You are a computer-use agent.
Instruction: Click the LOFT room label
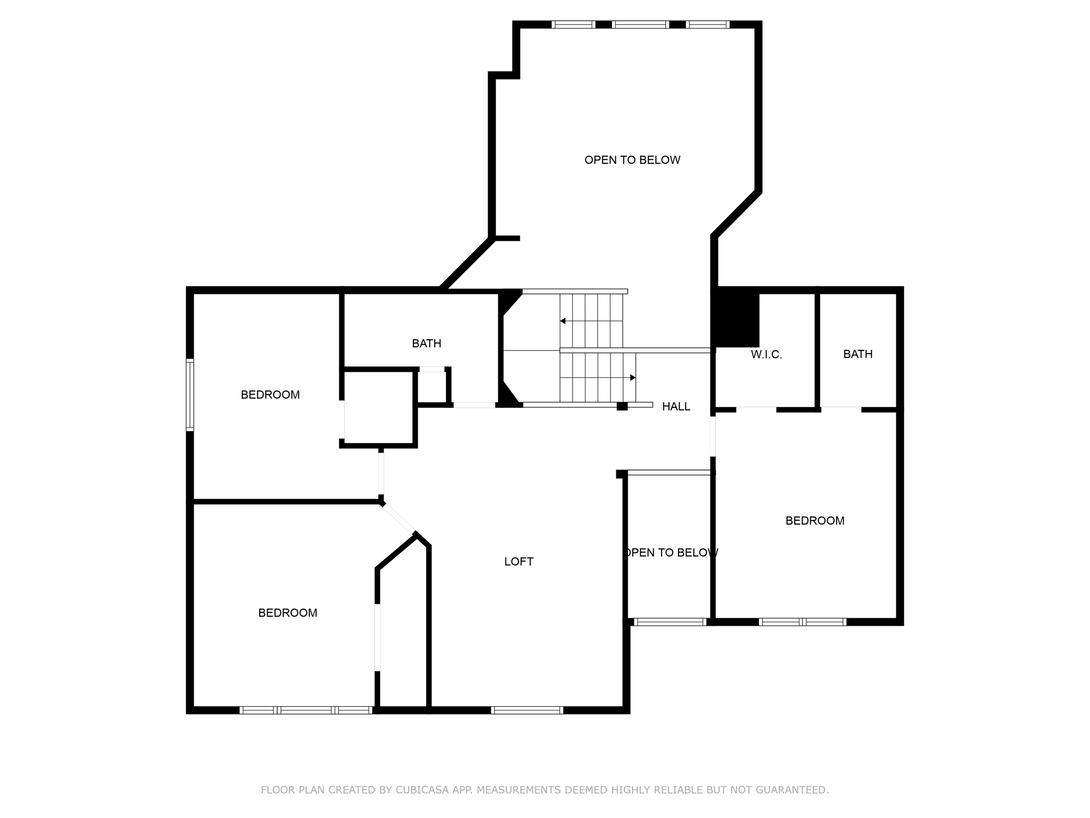click(518, 561)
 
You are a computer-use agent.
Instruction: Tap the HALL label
click(676, 406)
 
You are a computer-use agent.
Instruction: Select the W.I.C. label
click(766, 355)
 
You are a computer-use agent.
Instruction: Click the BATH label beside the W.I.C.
click(857, 354)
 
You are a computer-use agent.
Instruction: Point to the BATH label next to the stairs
click(426, 343)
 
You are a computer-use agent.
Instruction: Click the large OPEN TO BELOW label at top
click(632, 160)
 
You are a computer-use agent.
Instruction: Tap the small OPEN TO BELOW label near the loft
click(671, 553)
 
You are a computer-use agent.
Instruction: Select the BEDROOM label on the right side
click(814, 521)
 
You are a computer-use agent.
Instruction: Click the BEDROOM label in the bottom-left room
click(287, 613)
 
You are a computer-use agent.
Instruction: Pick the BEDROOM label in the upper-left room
click(270, 395)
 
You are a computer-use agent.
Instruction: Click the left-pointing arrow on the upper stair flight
click(563, 321)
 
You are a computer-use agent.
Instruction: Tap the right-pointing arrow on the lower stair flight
click(632, 378)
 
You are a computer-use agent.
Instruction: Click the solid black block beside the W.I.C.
click(737, 318)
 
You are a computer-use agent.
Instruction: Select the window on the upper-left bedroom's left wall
click(189, 395)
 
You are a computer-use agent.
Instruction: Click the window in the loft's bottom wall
click(526, 710)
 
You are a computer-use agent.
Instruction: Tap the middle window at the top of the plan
click(640, 24)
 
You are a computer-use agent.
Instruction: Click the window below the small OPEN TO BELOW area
click(670, 621)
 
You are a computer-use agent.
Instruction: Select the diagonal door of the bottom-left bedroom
click(398, 518)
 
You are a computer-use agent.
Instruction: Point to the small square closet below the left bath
click(378, 407)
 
